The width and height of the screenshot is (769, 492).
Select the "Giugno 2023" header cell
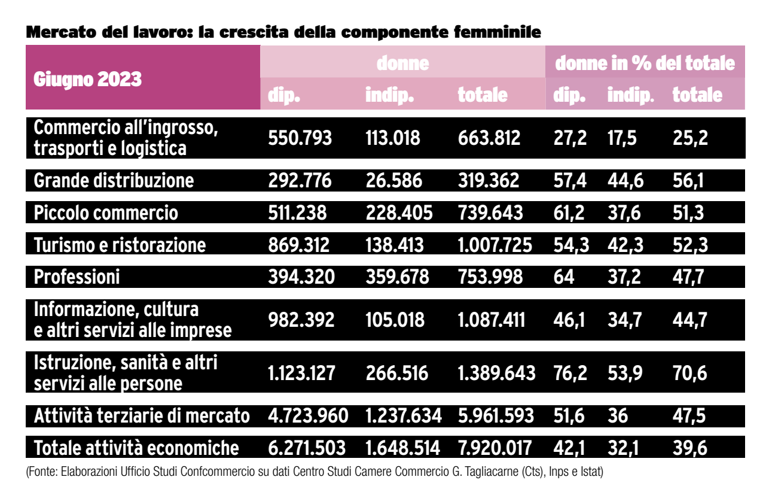coord(87,79)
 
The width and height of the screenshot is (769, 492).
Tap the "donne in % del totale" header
coord(645,63)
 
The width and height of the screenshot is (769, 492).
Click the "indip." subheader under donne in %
coord(630,95)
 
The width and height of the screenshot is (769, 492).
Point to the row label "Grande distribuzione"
coord(114,181)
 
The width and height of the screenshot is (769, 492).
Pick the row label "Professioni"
coord(77,277)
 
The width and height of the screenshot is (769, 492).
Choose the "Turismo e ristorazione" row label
coord(120,245)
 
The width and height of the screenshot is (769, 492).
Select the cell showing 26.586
coord(393,181)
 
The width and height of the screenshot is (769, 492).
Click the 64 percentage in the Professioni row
coord(564,277)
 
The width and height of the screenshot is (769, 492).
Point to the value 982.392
coord(300,320)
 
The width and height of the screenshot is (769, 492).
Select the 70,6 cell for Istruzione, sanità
coord(689,373)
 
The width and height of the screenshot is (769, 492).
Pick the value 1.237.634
coord(403,416)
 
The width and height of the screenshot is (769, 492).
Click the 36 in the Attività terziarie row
coord(618,416)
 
